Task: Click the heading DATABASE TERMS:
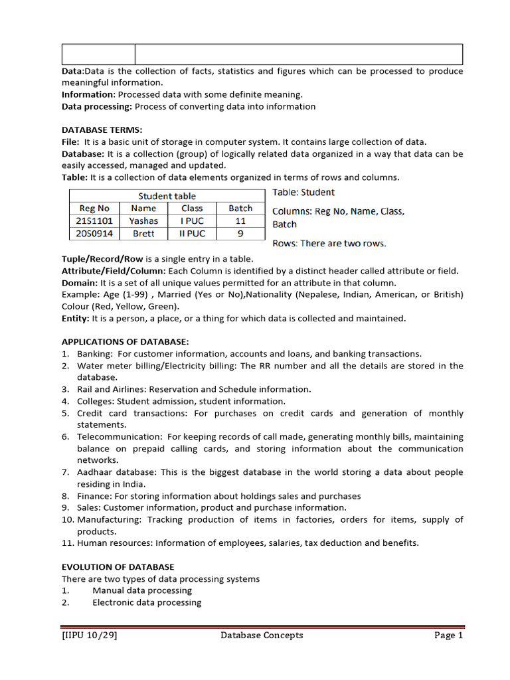point(102,130)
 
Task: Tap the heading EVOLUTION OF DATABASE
point(118,567)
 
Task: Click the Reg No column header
point(94,209)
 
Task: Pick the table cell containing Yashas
point(143,221)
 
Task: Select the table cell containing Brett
point(143,234)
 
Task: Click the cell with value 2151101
point(94,221)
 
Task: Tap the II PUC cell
point(193,234)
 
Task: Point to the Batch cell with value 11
point(240,221)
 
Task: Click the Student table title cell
point(167,196)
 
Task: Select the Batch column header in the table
point(240,209)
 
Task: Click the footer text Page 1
point(448,636)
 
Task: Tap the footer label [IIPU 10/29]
point(90,636)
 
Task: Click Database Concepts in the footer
point(262,636)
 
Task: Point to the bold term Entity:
point(76,319)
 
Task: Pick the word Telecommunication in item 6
point(120,437)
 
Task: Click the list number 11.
point(67,543)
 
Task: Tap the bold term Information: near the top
point(88,95)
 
